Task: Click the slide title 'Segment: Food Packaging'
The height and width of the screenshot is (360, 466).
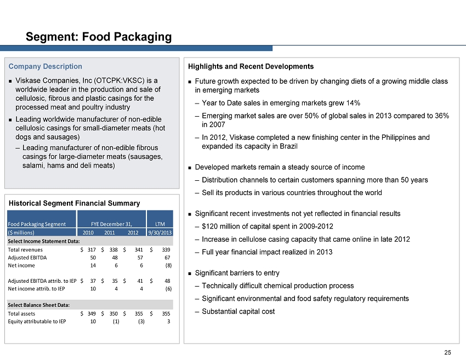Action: tap(99, 37)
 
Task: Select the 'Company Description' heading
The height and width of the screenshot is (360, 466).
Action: tap(45, 66)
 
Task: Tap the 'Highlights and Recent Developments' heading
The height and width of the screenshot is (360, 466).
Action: tap(251, 66)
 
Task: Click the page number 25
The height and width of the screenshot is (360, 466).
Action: tap(447, 352)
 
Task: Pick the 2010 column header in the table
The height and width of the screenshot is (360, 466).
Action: tap(88, 232)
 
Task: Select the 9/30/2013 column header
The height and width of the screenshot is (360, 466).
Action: tap(160, 232)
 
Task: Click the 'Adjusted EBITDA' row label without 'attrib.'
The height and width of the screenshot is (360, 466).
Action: tap(27, 258)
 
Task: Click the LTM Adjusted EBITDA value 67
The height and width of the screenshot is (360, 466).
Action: tap(167, 258)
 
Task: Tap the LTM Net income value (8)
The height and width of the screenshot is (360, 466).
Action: tap(168, 266)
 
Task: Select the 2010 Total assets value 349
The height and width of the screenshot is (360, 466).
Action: tap(92, 313)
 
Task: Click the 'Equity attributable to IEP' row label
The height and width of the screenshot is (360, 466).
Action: tap(37, 322)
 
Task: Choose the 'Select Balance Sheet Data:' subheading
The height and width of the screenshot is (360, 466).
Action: tap(38, 305)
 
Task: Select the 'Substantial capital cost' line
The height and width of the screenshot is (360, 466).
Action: tap(238, 312)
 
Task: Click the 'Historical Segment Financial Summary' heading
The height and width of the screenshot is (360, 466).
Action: tap(75, 203)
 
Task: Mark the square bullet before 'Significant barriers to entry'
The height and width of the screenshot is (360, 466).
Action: tap(190, 273)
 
